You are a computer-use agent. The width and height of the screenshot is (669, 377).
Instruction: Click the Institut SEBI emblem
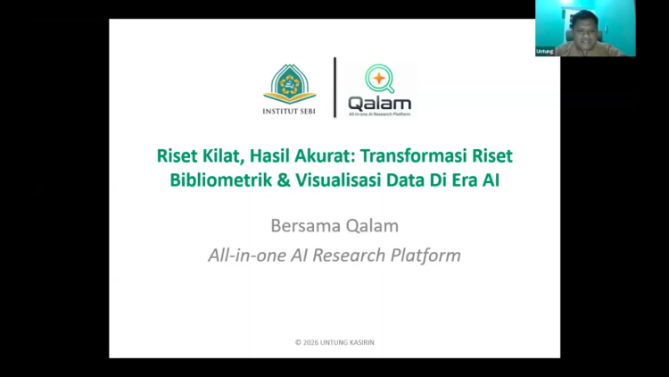coord(290,85)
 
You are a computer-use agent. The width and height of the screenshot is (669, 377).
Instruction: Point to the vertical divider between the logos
coord(334,88)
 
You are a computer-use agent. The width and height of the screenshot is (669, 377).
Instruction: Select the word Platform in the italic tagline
coord(425,255)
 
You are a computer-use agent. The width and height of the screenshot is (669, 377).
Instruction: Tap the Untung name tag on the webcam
coord(544,51)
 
